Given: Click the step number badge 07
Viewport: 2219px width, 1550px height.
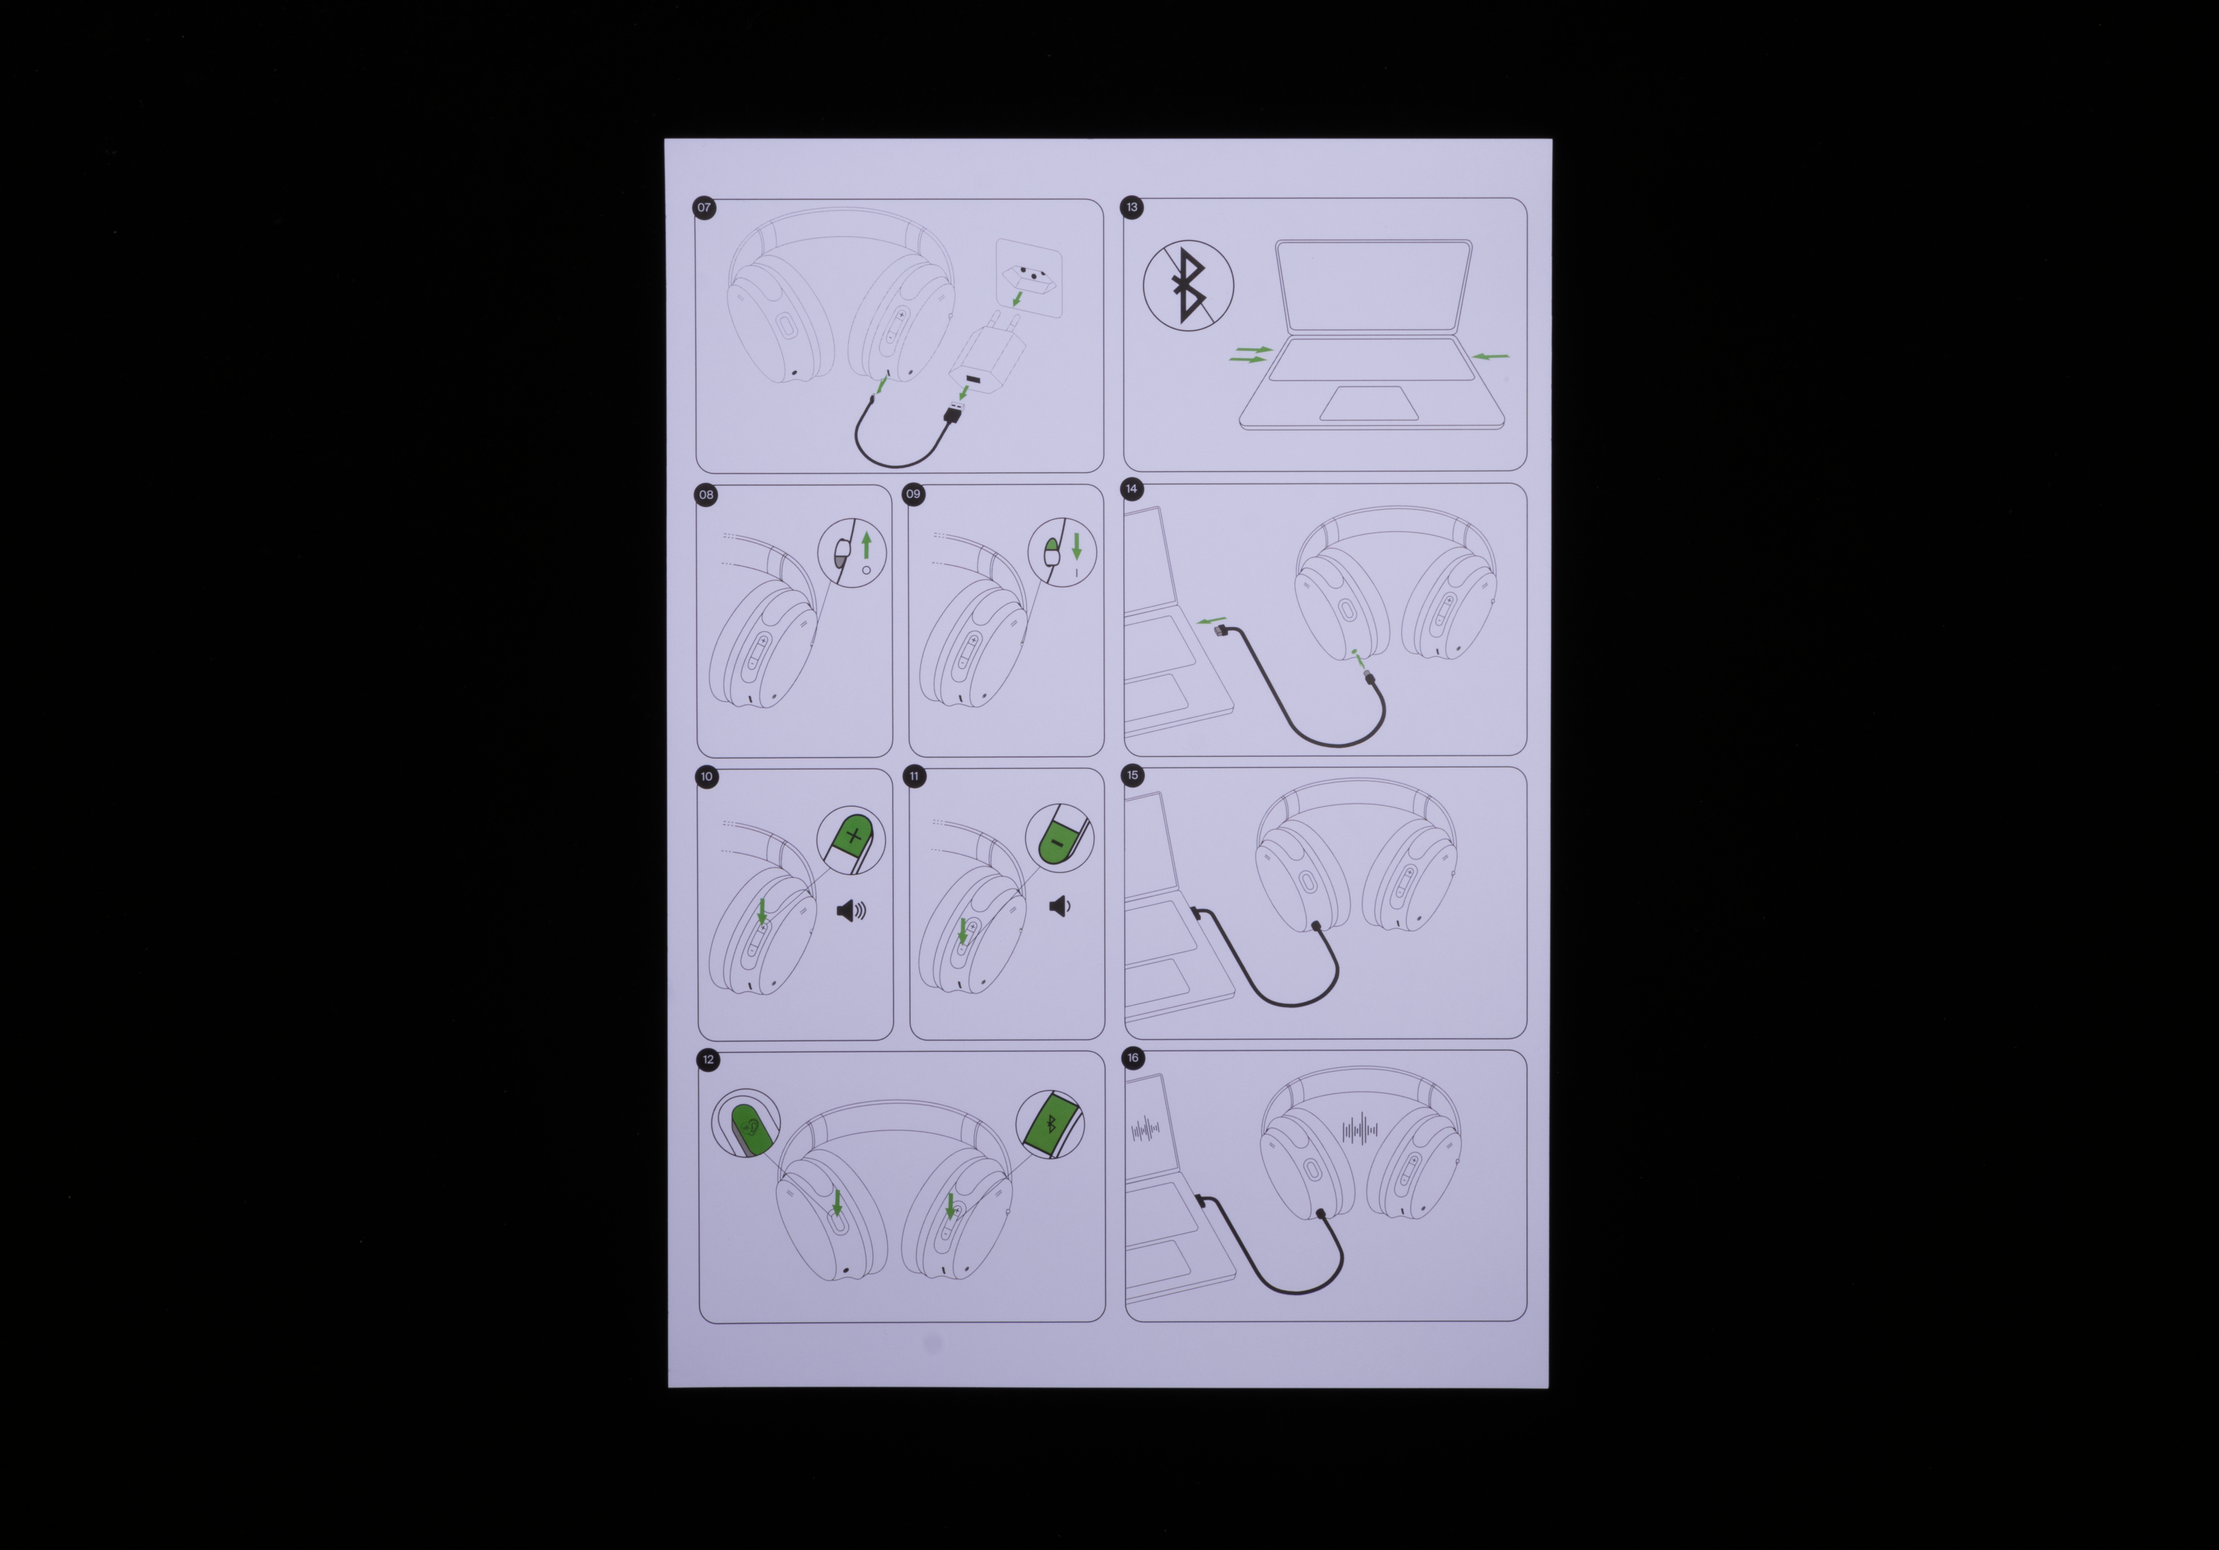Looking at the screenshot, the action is point(704,208).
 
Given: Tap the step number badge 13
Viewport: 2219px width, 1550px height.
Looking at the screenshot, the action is point(1132,207).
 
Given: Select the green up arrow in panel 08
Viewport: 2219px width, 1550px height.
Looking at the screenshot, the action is point(866,545).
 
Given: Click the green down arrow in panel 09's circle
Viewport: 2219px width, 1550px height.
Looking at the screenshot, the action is point(1077,546).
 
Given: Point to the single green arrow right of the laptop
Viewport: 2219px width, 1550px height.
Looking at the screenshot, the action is point(1490,356).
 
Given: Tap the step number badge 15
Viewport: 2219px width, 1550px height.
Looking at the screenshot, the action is point(1133,775).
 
